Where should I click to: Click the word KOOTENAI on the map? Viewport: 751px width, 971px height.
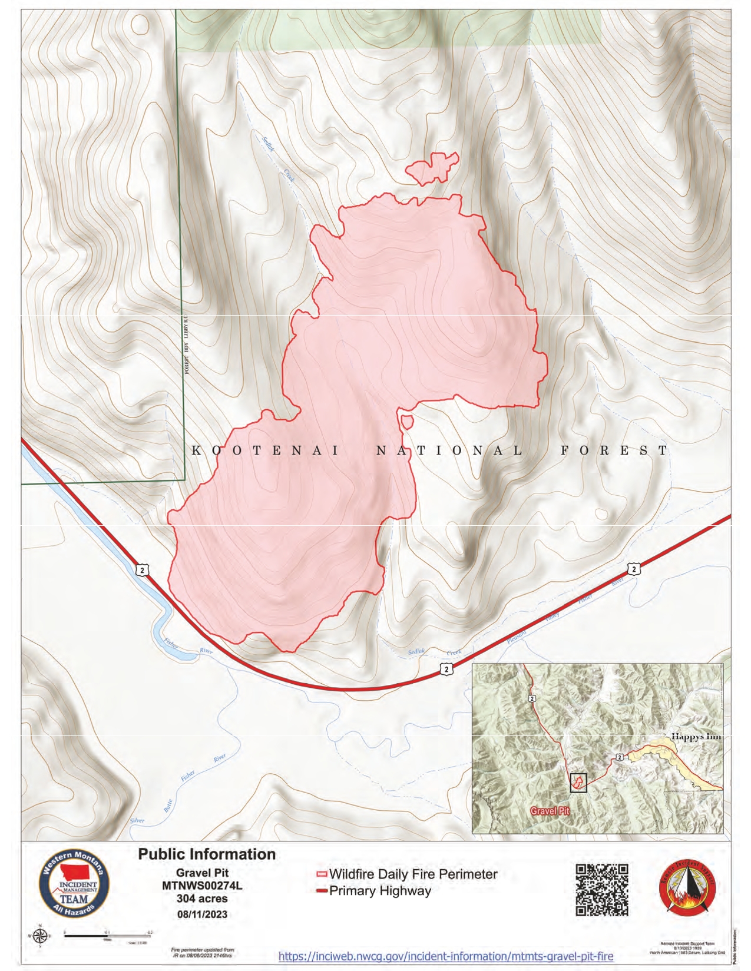point(266,451)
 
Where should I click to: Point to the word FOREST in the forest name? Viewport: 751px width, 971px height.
point(614,451)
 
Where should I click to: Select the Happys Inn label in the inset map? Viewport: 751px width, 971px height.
point(696,736)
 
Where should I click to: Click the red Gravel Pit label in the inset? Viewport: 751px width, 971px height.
point(550,811)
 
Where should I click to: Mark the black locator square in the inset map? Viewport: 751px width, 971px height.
point(578,783)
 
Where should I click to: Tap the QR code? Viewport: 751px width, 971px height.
point(601,890)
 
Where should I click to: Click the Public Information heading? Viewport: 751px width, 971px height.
point(207,854)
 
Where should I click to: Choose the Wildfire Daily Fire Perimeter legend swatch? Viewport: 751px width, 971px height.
point(322,874)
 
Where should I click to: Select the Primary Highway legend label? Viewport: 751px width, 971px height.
point(380,891)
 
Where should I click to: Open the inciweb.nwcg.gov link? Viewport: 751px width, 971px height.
point(445,956)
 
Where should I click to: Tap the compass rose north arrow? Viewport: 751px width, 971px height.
point(40,936)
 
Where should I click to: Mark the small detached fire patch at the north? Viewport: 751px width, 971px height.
point(433,168)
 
